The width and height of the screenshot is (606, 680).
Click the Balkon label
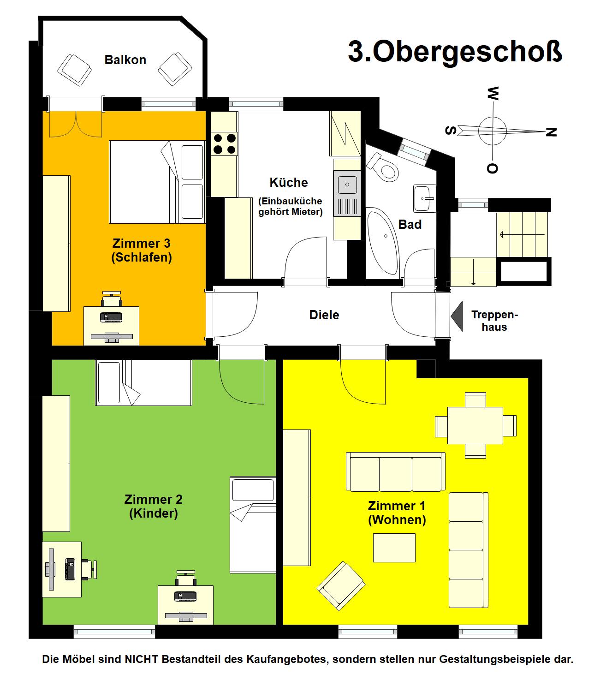point(125,60)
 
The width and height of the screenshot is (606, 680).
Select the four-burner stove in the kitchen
point(224,143)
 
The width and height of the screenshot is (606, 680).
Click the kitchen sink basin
point(347,184)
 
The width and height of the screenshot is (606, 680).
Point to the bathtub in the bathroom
point(383,240)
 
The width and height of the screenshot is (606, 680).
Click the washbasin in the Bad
point(425,198)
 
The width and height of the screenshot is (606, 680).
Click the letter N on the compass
point(551,132)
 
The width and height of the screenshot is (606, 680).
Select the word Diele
point(324,315)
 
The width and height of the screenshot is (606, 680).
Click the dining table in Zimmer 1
point(475,425)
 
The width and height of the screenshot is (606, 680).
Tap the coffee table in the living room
point(394,548)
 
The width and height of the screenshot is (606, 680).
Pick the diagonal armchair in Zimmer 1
point(340,585)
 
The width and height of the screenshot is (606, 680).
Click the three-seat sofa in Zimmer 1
point(396,472)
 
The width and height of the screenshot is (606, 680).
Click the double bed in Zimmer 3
point(157,182)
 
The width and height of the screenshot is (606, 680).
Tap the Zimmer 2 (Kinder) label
point(154,506)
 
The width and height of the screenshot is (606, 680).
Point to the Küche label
point(289,182)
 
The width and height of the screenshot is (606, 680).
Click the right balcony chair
point(175,69)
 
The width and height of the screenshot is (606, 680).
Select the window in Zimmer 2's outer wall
point(114,632)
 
